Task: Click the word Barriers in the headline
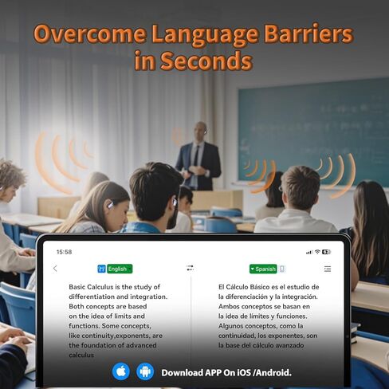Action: (x=308, y=34)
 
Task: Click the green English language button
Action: (x=120, y=269)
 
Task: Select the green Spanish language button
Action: (x=263, y=269)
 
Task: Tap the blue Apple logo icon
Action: (x=121, y=371)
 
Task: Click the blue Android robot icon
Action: (x=145, y=371)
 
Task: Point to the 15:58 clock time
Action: (x=64, y=252)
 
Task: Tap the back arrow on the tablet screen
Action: (x=55, y=269)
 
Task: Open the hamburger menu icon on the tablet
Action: (x=328, y=269)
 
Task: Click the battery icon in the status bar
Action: (x=326, y=252)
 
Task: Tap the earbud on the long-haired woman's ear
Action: (x=110, y=205)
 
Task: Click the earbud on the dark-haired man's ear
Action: (x=175, y=202)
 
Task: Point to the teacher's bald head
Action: (x=200, y=129)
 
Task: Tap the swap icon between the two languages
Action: (x=191, y=268)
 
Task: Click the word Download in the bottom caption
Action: (x=182, y=373)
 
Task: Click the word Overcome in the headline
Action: (x=90, y=34)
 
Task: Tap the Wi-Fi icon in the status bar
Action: (x=317, y=252)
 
